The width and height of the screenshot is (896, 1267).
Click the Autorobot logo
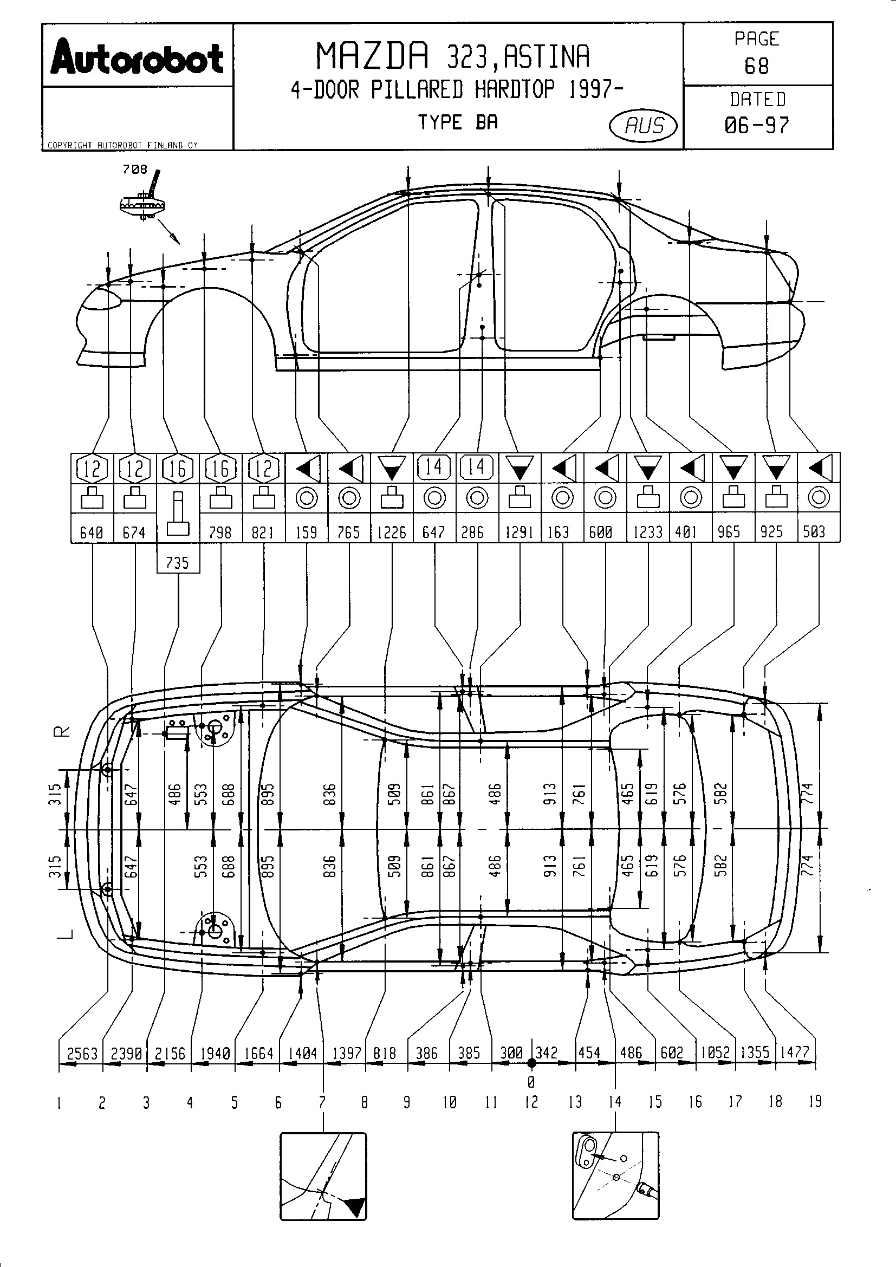137,57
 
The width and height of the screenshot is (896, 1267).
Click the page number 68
756,67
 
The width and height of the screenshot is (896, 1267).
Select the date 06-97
756,126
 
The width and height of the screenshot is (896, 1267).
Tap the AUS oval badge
644,126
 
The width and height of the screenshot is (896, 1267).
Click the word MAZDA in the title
372,56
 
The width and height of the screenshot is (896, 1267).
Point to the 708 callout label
135,170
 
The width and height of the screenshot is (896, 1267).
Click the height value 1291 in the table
520,532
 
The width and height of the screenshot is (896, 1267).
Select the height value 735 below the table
178,563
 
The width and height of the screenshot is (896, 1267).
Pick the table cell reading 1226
392,532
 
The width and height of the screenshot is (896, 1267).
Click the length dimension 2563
82,1054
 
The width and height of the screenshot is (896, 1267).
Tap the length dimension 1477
795,1052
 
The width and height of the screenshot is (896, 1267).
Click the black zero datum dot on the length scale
531,1063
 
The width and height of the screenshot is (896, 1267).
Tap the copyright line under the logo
122,145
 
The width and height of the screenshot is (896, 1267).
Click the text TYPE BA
457,122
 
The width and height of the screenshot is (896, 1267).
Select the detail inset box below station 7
323,1176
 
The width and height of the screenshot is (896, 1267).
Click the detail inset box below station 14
615,1175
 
